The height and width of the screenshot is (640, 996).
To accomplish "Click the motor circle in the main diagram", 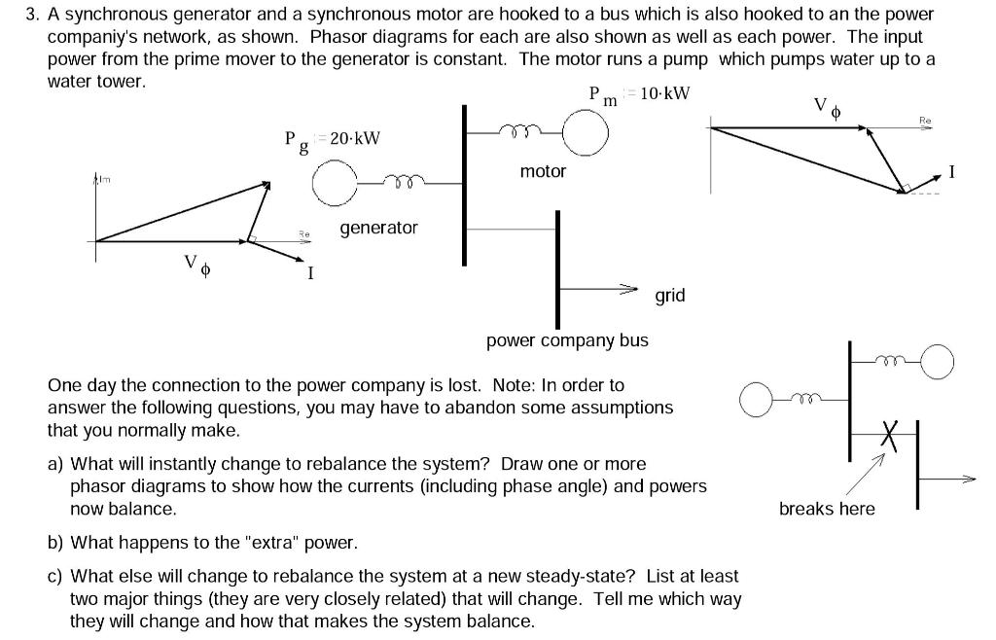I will (x=586, y=131).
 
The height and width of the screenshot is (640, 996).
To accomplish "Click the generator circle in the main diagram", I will (x=336, y=183).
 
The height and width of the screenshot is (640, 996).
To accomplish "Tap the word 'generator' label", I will (x=378, y=228).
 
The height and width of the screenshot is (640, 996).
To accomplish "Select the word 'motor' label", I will (x=543, y=171).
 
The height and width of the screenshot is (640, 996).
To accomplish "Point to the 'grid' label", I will (x=670, y=295).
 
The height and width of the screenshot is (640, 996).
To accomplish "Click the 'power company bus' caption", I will (x=567, y=340).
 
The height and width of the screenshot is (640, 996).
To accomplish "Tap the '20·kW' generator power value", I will (x=355, y=138).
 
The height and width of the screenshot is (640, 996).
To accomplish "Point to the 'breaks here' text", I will (x=827, y=509).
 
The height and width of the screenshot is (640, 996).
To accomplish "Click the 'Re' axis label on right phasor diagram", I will (x=924, y=120).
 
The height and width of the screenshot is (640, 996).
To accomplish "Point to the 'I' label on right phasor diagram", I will (x=952, y=173).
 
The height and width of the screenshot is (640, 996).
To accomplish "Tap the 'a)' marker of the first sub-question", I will (x=56, y=464).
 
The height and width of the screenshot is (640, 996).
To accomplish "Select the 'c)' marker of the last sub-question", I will (x=56, y=577).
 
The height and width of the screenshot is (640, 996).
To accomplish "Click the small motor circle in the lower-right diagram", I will (x=938, y=363).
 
